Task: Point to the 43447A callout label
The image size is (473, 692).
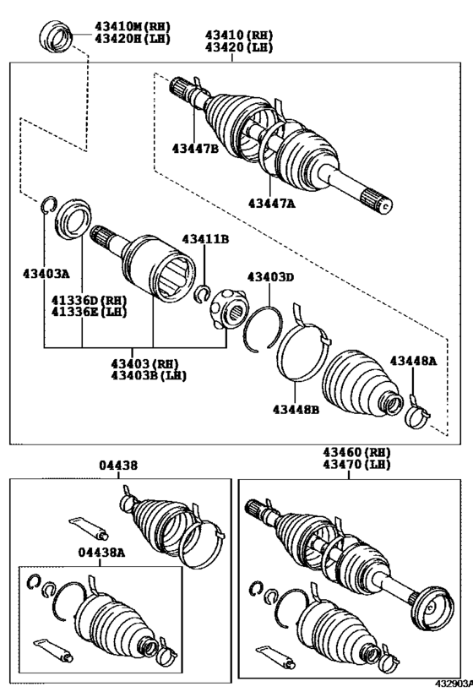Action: [x=272, y=202]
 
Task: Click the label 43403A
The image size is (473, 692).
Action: [x=46, y=273]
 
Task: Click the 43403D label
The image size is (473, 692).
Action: [x=270, y=276]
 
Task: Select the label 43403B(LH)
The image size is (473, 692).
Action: [x=149, y=374]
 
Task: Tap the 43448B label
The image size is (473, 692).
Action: [x=296, y=410]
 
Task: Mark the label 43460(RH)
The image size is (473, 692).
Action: [x=354, y=453]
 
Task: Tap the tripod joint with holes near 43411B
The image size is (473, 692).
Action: [x=227, y=309]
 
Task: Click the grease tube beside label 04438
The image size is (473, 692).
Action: [x=88, y=528]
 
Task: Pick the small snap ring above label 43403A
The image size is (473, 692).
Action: [x=47, y=204]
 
